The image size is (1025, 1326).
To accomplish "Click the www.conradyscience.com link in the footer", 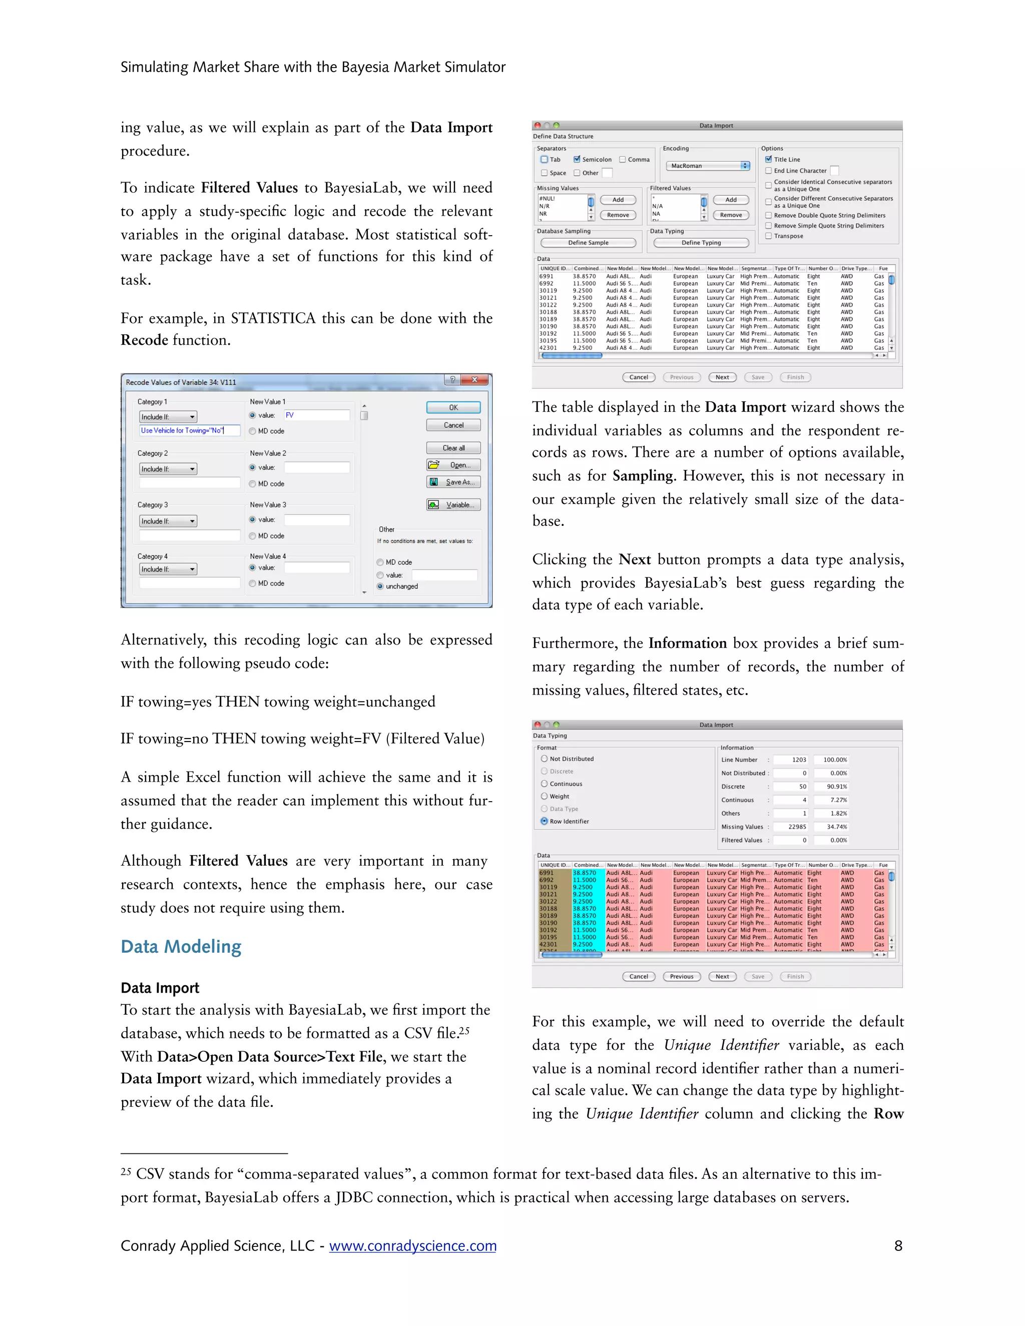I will click(412, 1246).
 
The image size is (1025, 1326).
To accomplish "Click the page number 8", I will click(897, 1246).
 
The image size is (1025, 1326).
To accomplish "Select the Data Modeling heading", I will click(181, 947).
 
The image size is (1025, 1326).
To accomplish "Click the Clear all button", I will click(453, 448).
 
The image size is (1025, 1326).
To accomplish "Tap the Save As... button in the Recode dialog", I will click(453, 482).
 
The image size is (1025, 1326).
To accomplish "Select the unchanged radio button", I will click(380, 586).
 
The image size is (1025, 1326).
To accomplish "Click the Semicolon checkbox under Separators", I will click(577, 159).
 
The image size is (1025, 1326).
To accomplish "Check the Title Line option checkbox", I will click(768, 159).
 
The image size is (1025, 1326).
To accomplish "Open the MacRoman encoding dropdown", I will click(708, 166).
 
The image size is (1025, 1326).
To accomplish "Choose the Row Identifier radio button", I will click(544, 821).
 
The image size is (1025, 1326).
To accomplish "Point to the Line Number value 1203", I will click(798, 760).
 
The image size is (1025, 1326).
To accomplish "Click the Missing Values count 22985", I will click(797, 826).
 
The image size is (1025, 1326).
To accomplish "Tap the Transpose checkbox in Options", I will click(768, 236).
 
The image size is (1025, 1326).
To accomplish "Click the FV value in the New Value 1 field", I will click(290, 415).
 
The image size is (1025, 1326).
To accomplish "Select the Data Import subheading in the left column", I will click(160, 988).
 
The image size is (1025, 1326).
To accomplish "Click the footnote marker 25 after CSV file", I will click(463, 1030).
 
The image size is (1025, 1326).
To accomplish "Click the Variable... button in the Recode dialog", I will click(453, 504).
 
